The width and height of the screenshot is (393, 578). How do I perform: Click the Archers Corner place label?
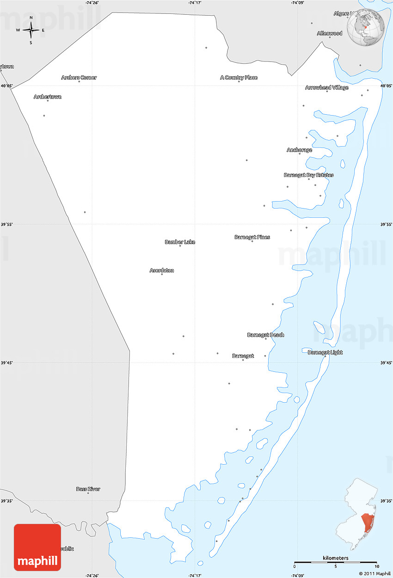[79, 78]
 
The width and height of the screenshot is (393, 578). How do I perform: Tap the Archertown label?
[48, 97]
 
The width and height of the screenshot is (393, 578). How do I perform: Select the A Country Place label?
[239, 78]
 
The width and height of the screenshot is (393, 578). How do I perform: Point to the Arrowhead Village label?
[327, 87]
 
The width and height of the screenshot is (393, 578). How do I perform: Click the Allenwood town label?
[330, 33]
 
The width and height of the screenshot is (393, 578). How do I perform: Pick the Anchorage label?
[299, 150]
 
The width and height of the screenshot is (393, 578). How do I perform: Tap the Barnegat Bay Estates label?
[309, 175]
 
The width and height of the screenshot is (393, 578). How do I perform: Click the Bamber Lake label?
[180, 242]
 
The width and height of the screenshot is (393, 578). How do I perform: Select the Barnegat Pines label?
[252, 237]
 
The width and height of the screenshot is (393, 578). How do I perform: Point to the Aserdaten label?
[162, 271]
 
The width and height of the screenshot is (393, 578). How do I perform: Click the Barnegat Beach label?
[266, 335]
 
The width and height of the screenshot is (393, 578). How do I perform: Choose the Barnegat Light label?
[325, 352]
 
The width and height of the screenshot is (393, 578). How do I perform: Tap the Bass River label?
[88, 489]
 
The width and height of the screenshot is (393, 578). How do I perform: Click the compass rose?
[31, 31]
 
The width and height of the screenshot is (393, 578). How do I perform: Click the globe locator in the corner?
[366, 27]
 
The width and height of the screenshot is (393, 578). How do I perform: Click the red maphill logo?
[37, 547]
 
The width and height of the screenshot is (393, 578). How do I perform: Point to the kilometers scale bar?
[336, 563]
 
